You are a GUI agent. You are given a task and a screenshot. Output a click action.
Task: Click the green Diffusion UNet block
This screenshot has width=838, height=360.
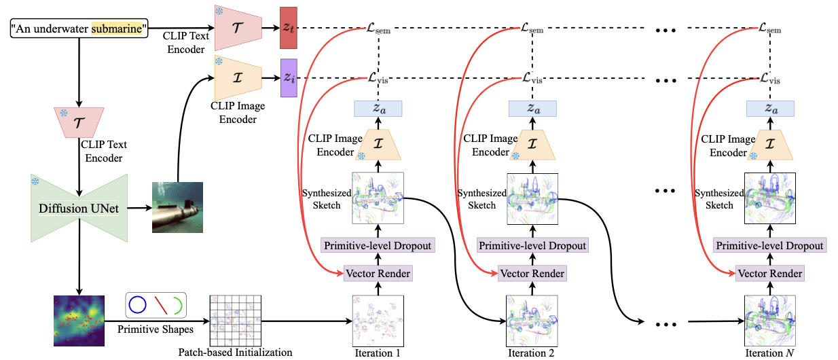(79, 208)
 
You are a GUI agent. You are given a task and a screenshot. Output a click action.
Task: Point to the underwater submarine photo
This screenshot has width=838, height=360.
(177, 208)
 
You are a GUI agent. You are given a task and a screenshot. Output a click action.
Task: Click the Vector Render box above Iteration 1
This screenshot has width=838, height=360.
(378, 274)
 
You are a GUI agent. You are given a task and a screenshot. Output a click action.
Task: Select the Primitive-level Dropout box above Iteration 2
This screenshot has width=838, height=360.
(532, 245)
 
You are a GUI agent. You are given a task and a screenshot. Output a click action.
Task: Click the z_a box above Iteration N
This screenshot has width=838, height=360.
(770, 109)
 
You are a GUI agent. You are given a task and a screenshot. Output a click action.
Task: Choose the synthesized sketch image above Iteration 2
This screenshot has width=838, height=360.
(532, 199)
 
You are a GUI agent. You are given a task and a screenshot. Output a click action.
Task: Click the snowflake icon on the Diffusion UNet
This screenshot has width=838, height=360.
(36, 181)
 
